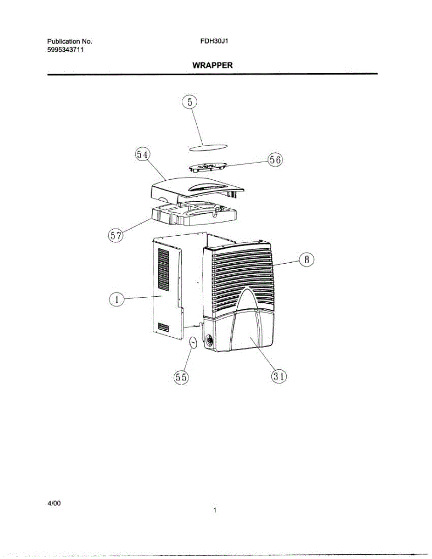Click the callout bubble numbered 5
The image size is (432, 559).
(189, 102)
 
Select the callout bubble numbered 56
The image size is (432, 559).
(275, 159)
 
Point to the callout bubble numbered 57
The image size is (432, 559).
(116, 235)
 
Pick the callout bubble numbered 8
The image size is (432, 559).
(307, 260)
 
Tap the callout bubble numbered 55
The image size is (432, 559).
(181, 377)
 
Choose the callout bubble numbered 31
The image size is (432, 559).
(279, 377)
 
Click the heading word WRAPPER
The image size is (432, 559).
(213, 66)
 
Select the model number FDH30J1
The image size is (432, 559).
(213, 41)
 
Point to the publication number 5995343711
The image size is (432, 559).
(65, 50)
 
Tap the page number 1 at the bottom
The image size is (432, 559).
(214, 511)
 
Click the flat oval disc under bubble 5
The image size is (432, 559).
(208, 147)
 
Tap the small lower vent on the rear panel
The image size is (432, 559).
(163, 327)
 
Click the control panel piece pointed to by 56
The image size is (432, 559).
(207, 166)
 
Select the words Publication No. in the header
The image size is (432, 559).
(70, 41)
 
